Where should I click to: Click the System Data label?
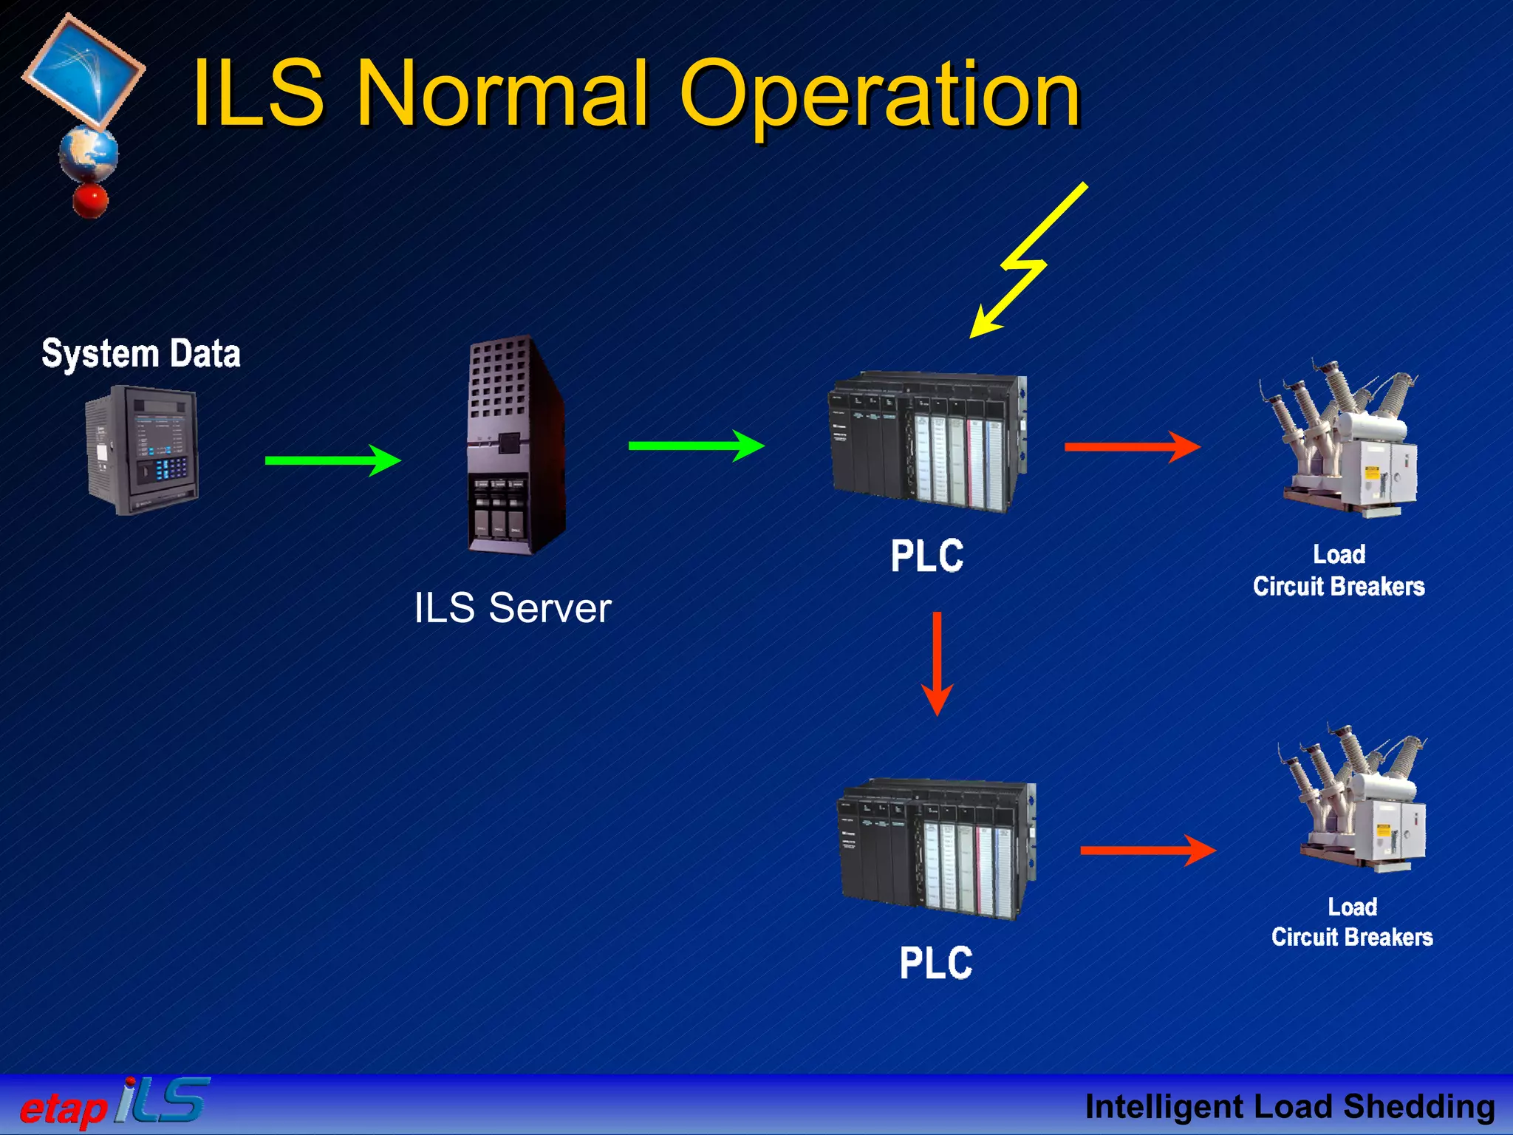coord(141,353)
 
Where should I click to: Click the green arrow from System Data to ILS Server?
coord(332,460)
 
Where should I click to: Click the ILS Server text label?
coord(512,608)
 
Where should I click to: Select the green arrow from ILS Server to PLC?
coord(696,445)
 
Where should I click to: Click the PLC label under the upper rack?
coord(927,556)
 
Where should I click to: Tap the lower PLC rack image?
coord(937,850)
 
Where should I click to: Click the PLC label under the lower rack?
coord(936,963)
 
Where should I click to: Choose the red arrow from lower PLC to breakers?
coord(1147,850)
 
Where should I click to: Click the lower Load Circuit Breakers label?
coord(1352,922)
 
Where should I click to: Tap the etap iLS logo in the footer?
coord(115,1103)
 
